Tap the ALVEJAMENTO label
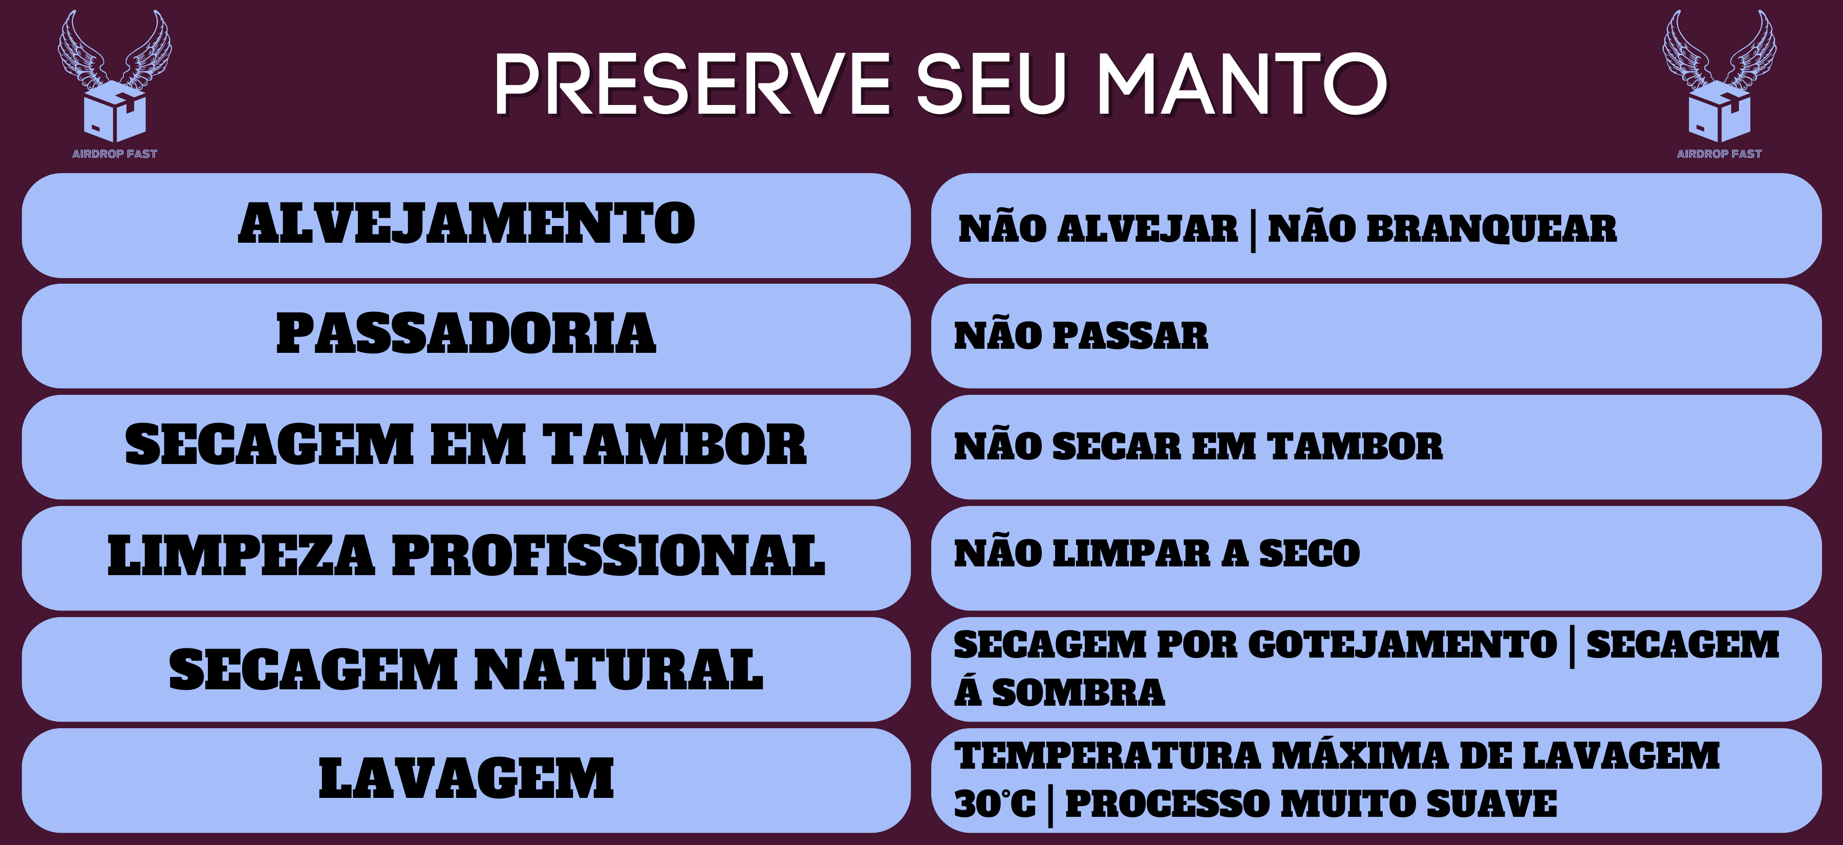(x=466, y=223)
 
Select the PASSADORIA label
(x=466, y=333)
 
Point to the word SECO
(x=1309, y=554)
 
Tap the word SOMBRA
(x=1079, y=692)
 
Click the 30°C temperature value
(x=995, y=804)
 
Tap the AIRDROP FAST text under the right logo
(x=1719, y=154)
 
